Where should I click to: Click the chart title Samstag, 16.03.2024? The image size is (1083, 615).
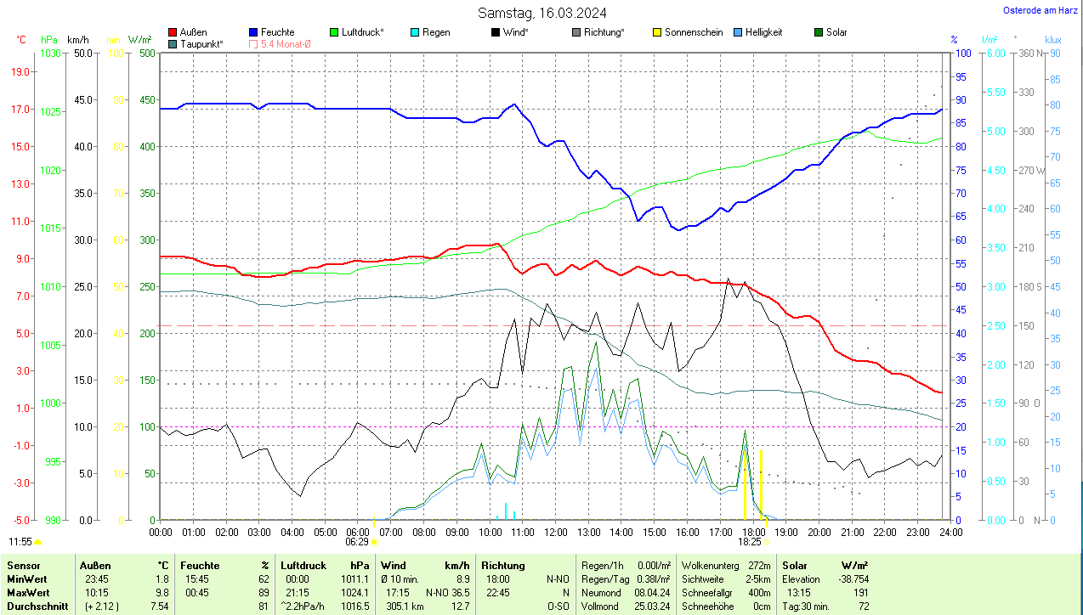541,13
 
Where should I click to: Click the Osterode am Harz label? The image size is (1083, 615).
1040,10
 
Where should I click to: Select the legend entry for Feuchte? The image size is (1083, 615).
271,32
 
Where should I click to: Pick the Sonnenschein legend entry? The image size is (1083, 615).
687,32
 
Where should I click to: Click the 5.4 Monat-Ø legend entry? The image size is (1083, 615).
280,43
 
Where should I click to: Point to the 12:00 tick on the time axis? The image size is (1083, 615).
555,533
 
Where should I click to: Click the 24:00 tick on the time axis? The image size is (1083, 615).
950,533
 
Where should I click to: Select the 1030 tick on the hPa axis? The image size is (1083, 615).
51,54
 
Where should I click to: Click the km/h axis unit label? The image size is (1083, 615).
77,40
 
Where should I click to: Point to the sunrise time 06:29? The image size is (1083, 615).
357,541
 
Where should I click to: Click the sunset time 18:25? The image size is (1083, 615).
749,541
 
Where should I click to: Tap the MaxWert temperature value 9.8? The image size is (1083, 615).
162,592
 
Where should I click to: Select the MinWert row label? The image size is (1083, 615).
26,578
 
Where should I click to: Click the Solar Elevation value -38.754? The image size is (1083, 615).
850,578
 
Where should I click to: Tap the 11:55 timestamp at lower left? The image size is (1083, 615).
20,541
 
